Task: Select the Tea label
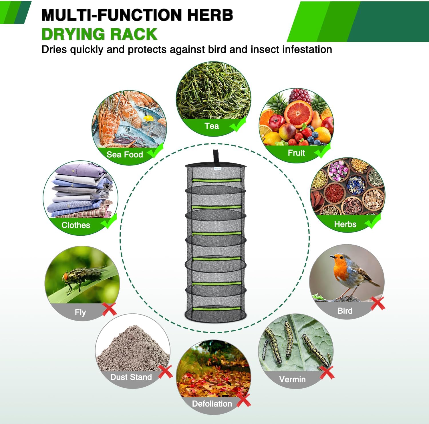click(x=212, y=126)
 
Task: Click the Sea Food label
click(x=125, y=155)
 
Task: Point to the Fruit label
click(x=296, y=153)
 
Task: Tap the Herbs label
click(x=345, y=224)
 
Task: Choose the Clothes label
click(x=76, y=225)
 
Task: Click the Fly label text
click(x=80, y=312)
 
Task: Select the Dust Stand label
click(x=131, y=377)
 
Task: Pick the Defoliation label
click(x=212, y=404)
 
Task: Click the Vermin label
click(x=292, y=379)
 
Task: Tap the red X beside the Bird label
click(x=378, y=303)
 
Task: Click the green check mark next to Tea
click(x=238, y=125)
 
